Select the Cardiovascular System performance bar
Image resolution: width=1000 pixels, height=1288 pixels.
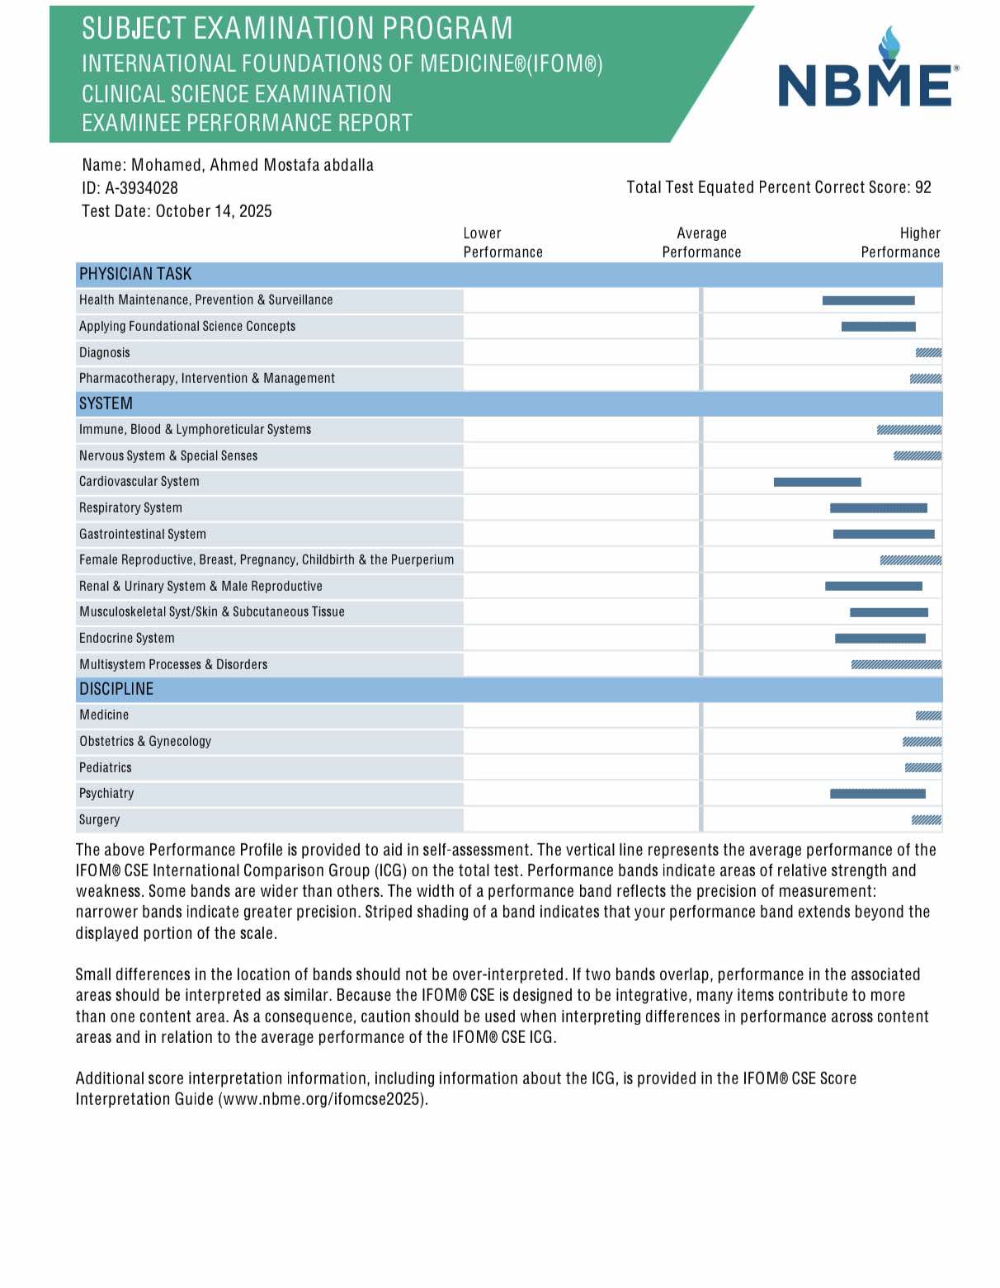pyautogui.click(x=817, y=482)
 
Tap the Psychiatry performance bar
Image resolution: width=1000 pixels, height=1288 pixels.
pyautogui.click(x=877, y=794)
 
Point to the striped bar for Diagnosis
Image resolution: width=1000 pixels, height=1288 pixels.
pyautogui.click(x=928, y=353)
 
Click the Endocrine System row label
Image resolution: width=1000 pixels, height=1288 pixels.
pyautogui.click(x=127, y=638)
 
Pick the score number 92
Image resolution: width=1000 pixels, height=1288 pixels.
pyautogui.click(x=922, y=187)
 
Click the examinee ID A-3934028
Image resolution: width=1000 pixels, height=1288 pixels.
pyautogui.click(x=141, y=188)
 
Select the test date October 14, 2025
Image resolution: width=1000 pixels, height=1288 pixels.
pyautogui.click(x=214, y=211)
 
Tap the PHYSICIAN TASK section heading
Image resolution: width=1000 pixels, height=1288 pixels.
pyautogui.click(x=135, y=274)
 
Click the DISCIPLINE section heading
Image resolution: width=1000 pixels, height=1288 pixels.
pyautogui.click(x=116, y=689)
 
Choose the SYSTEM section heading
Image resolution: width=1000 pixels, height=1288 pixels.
pyautogui.click(x=106, y=403)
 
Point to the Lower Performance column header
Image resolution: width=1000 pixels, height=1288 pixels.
pyautogui.click(x=502, y=243)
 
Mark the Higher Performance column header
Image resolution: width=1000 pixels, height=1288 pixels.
pyautogui.click(x=900, y=243)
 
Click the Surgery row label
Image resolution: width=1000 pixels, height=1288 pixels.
pyautogui.click(x=100, y=819)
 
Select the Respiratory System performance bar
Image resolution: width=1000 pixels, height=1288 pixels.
pyautogui.click(x=878, y=508)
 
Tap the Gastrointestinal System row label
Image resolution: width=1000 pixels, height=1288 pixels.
pyautogui.click(x=143, y=534)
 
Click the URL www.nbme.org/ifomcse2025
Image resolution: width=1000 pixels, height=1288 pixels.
pyautogui.click(x=323, y=1099)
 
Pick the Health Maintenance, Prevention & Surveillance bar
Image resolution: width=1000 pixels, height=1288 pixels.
pyautogui.click(x=868, y=300)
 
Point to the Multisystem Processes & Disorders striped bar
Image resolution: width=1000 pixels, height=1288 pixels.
pyautogui.click(x=896, y=664)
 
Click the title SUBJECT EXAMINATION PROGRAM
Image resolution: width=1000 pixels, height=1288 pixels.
pyautogui.click(x=297, y=29)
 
